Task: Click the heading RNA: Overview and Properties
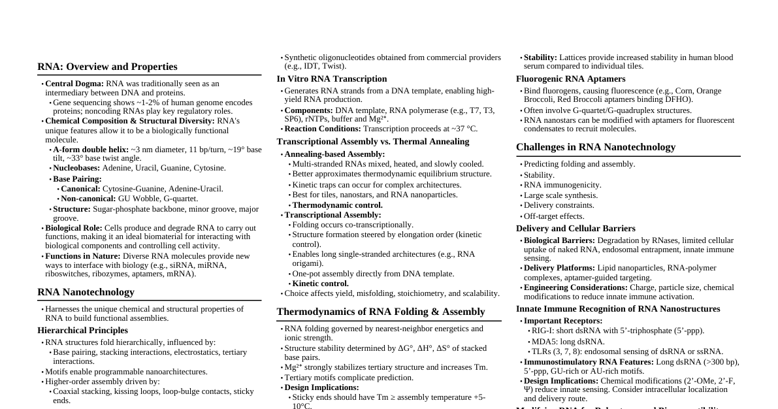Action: point(107,67)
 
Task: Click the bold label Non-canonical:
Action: point(88,199)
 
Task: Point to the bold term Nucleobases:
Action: point(76,168)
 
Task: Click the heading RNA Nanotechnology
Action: point(86,292)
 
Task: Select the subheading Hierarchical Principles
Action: point(83,331)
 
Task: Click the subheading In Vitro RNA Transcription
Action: point(332,79)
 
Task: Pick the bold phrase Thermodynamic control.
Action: point(337,205)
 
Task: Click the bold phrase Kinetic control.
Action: point(320,284)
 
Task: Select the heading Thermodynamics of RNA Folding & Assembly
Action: point(381,312)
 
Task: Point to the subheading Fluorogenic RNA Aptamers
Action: point(570,79)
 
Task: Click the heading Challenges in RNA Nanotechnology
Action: point(596,147)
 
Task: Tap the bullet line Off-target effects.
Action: point(554,216)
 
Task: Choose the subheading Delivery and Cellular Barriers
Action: point(575,229)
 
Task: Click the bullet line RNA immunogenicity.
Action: point(562,185)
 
